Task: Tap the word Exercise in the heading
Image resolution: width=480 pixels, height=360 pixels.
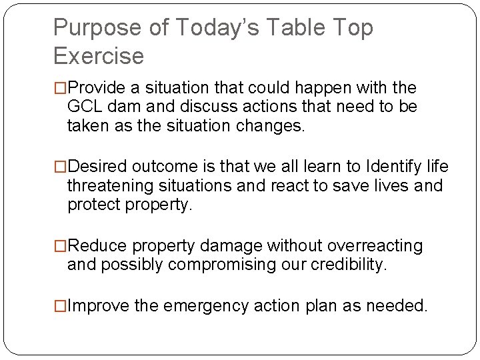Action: click(98, 56)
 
